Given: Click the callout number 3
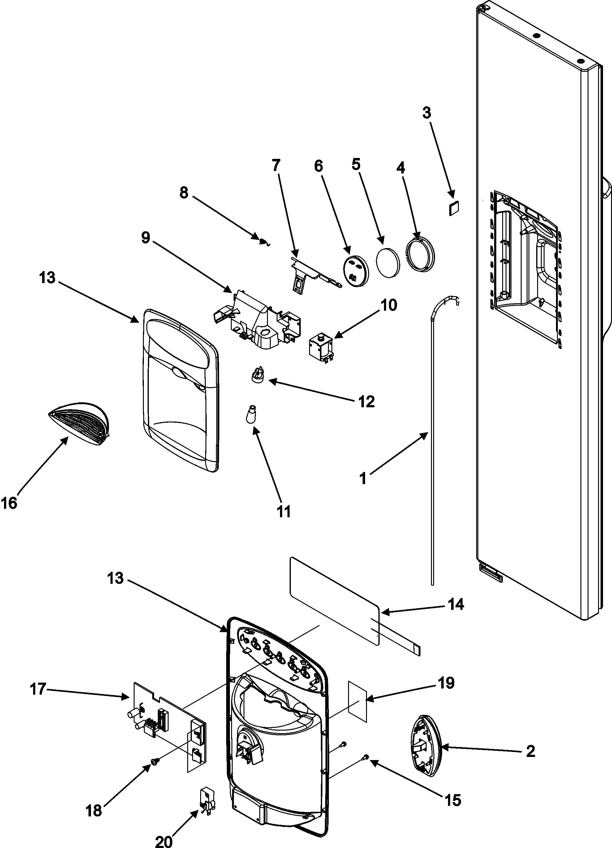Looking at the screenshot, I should click(427, 112).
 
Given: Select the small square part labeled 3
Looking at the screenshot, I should click(454, 208).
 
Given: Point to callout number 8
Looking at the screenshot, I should click(184, 194).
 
